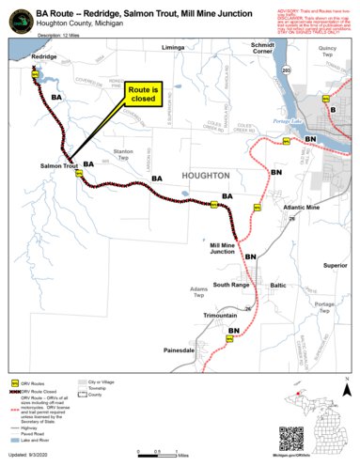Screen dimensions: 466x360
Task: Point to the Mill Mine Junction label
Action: pyautogui.click(x=223, y=248)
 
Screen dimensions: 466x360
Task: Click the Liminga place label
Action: pyautogui.click(x=173, y=47)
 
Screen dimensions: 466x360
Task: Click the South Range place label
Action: pyautogui.click(x=231, y=284)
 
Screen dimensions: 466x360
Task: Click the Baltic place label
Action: pyautogui.click(x=278, y=284)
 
